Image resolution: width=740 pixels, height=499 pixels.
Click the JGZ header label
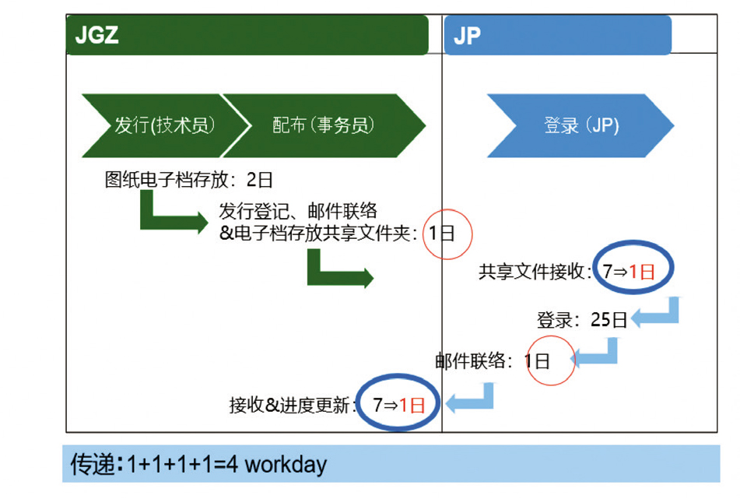[x=97, y=35]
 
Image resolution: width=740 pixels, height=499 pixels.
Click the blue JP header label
[x=467, y=36]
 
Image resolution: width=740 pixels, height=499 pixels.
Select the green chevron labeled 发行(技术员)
[x=163, y=125]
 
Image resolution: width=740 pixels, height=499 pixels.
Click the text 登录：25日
[x=581, y=319]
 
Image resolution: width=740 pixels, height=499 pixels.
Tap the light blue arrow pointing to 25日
[x=656, y=313]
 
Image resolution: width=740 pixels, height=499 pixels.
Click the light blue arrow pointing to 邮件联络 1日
[x=596, y=355]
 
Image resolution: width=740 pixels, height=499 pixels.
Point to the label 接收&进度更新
[x=292, y=405]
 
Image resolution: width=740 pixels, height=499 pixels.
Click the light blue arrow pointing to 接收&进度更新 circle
[x=470, y=399]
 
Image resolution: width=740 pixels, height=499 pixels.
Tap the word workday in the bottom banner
[x=286, y=465]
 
